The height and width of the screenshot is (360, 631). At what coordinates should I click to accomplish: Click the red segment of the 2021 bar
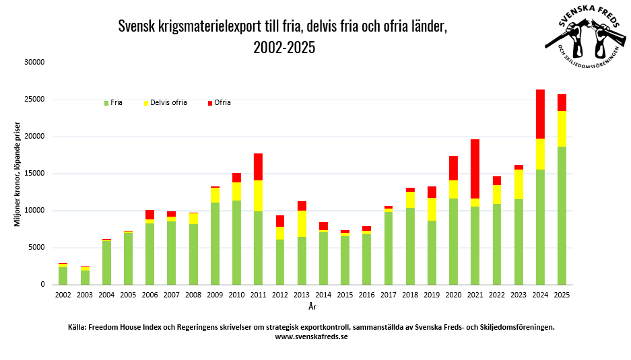(x=475, y=168)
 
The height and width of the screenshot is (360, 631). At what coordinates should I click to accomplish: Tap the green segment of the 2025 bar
(x=562, y=215)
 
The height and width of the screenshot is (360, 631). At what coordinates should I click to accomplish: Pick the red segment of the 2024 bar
(x=540, y=114)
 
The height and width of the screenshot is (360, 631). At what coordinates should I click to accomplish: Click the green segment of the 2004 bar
(x=106, y=262)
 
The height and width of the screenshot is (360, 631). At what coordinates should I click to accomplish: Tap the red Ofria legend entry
(x=220, y=103)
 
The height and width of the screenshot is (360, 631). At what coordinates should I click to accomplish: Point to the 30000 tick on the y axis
(x=33, y=63)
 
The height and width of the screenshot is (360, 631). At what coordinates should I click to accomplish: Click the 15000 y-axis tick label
(x=33, y=174)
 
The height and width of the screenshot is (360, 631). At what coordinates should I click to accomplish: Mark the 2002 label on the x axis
(x=63, y=295)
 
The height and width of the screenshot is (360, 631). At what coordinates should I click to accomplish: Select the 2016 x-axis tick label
(x=367, y=295)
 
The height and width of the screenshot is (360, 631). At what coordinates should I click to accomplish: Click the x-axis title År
(x=312, y=308)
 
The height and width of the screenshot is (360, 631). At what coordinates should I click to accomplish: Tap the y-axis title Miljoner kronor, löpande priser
(x=18, y=174)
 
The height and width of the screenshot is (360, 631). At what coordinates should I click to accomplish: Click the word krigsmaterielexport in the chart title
(x=207, y=27)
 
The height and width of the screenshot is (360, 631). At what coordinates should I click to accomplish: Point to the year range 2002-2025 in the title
(x=284, y=48)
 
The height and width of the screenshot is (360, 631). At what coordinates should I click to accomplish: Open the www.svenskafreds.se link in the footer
(x=311, y=336)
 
